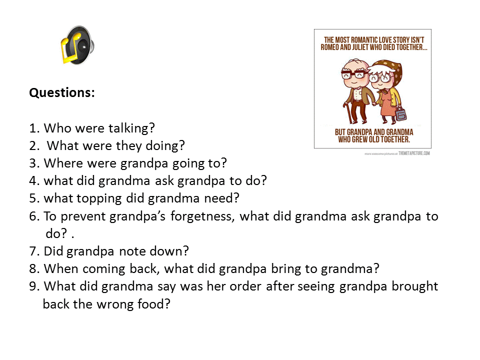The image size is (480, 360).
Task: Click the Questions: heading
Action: (62, 93)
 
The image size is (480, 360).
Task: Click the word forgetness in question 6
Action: (202, 216)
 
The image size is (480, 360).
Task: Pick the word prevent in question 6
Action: (83, 216)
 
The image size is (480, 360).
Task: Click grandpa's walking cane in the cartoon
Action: (348, 112)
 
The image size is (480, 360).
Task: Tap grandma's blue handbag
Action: (400, 114)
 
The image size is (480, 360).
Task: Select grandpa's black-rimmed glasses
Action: (354, 74)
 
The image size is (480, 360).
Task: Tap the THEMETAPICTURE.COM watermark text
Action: (414, 153)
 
